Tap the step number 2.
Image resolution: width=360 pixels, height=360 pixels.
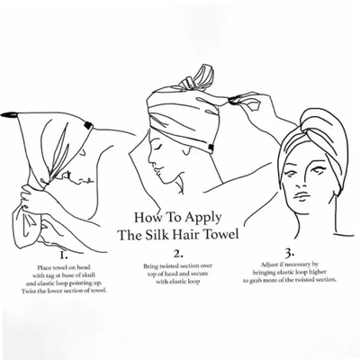click(x=178, y=254)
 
